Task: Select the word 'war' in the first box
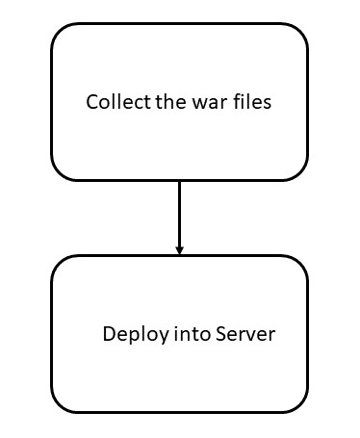205,102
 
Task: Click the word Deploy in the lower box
130,335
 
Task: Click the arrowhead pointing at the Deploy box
179,250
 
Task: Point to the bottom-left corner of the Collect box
60,171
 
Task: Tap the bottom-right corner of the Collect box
299,171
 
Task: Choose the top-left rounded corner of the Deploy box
60,265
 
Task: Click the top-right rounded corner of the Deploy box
299,265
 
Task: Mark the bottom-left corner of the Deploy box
60,403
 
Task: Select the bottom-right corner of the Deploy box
299,403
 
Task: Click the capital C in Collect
92,102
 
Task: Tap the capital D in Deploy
108,334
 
